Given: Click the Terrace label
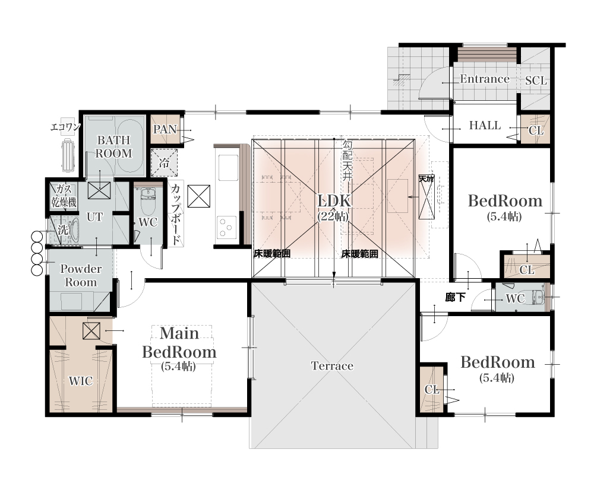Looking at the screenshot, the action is pos(332,366).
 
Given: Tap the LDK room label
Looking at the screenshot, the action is pos(334,201).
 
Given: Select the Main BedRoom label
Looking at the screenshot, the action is pos(179,343).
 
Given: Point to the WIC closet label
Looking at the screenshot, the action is pos(81,381).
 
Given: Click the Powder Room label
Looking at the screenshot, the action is pos(81,276).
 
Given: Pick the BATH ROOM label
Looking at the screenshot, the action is pos(113,146).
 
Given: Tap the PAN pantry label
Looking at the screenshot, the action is pos(165,129).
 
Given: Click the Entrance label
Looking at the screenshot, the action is pos(485,79).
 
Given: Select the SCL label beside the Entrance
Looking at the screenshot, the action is pos(536,81).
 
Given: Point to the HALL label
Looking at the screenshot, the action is pos(485,125).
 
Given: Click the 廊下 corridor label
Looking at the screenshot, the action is pos(455,297).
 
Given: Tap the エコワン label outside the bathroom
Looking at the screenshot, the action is pos(65,127).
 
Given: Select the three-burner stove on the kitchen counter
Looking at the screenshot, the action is pos(226,228).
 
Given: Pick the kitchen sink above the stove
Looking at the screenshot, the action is pos(226,168).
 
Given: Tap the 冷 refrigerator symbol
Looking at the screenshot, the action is pos(164,163).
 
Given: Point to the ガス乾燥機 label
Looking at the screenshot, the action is pos(64,196).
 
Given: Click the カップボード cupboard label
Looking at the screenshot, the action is pos(175,214).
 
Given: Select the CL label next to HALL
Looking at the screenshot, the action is pos(536,131).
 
